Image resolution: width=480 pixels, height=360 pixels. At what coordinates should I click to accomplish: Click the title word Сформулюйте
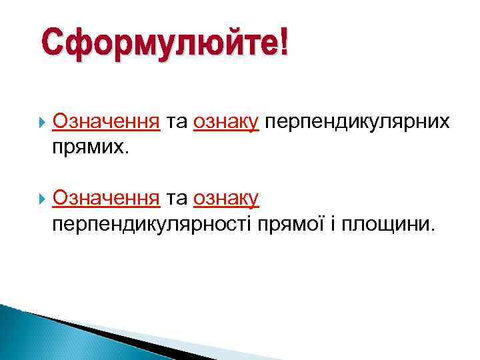coord(160,45)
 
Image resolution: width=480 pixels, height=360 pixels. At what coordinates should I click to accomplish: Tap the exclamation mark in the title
coord(285,43)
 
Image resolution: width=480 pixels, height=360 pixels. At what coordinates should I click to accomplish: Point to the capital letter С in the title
coord(53,44)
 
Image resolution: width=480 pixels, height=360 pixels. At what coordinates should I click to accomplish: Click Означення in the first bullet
coord(106,122)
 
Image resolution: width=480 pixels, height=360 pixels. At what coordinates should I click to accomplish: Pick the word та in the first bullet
coord(177,122)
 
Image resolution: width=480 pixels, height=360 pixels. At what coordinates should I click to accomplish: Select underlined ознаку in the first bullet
coord(226,123)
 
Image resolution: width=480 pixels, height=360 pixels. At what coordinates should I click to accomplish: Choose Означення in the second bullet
coord(106,198)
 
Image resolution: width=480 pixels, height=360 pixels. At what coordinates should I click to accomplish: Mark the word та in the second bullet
coord(177,198)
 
